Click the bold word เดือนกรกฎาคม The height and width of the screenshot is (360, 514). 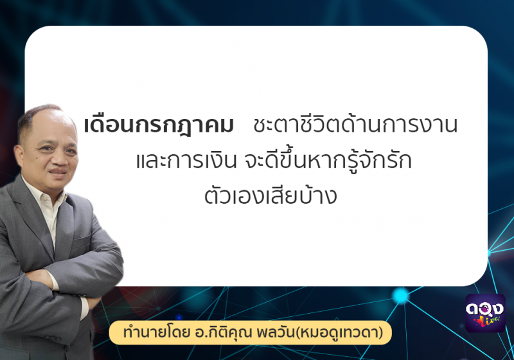(159, 126)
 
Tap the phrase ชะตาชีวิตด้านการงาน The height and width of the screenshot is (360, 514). (355, 125)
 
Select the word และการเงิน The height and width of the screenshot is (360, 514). (186, 161)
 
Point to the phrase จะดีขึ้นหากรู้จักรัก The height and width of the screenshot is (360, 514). (328, 160)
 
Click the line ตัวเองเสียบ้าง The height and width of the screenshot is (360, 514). (270, 195)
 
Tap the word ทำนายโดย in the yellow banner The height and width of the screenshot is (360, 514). (156, 332)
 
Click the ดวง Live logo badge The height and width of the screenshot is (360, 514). (486, 313)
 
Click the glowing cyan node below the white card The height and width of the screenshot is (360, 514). (400, 296)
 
